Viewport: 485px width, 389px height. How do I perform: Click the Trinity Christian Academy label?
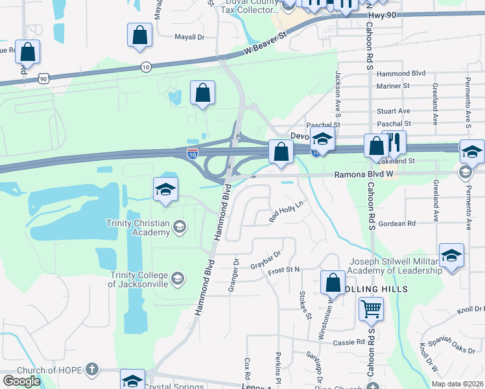(138, 228)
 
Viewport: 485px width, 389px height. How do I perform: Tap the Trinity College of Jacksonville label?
(138, 279)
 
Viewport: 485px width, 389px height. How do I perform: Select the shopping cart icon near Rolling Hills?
(371, 309)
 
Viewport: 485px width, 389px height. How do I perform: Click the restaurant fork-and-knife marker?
(394, 143)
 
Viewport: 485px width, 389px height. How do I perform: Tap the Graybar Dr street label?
(268, 259)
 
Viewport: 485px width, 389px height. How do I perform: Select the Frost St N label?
(284, 269)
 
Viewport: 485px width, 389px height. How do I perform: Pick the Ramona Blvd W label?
(363, 175)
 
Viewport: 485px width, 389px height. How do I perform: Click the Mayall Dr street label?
(189, 37)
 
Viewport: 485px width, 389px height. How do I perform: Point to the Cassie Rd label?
(349, 342)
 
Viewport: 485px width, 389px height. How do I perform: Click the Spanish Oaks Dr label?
(454, 347)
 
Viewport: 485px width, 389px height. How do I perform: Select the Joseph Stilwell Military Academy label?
(396, 266)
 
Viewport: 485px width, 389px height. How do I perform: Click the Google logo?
(21, 381)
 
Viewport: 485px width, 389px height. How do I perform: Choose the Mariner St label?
(393, 86)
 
